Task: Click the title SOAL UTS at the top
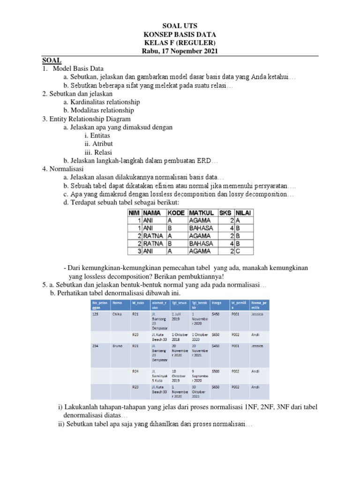pyautogui.click(x=180, y=26)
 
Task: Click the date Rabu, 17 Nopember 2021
pyautogui.click(x=180, y=51)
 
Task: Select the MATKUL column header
pyautogui.click(x=202, y=212)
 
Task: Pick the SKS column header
pyautogui.click(x=226, y=212)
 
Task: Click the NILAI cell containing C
pyautogui.click(x=244, y=251)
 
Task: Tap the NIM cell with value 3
pyautogui.click(x=135, y=251)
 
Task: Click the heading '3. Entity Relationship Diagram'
pyautogui.click(x=86, y=119)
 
